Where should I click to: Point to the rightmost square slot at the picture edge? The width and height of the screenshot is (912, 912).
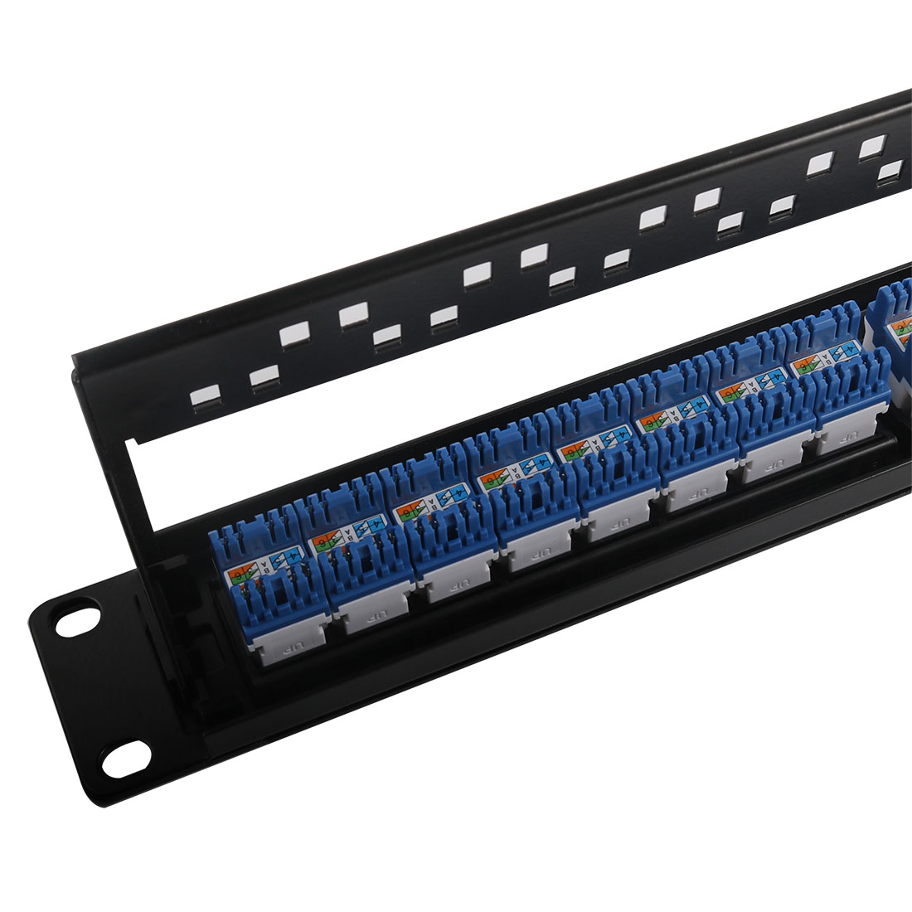pyautogui.click(x=890, y=172)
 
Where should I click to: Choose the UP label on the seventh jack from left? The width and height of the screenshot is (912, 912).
pyautogui.click(x=769, y=472)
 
